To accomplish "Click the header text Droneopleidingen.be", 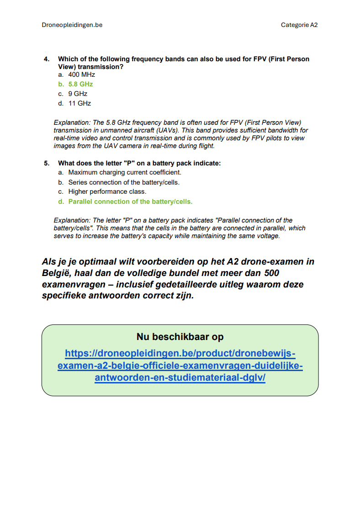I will pos(72,25).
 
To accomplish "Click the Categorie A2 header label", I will pos(299,25).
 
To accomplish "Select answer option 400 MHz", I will pos(81,74).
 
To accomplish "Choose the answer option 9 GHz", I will pos(78,94).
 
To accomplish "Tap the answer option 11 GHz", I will pos(79,103).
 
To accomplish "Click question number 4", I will pos(47,59).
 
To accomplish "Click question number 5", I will pos(47,163).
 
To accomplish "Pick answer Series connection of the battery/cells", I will pos(124,182).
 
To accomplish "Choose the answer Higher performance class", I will pos(107,192).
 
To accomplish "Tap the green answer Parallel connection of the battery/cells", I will pos(130,202).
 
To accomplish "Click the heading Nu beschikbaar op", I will pos(180,337).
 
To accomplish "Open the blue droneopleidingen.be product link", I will pos(180,366).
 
